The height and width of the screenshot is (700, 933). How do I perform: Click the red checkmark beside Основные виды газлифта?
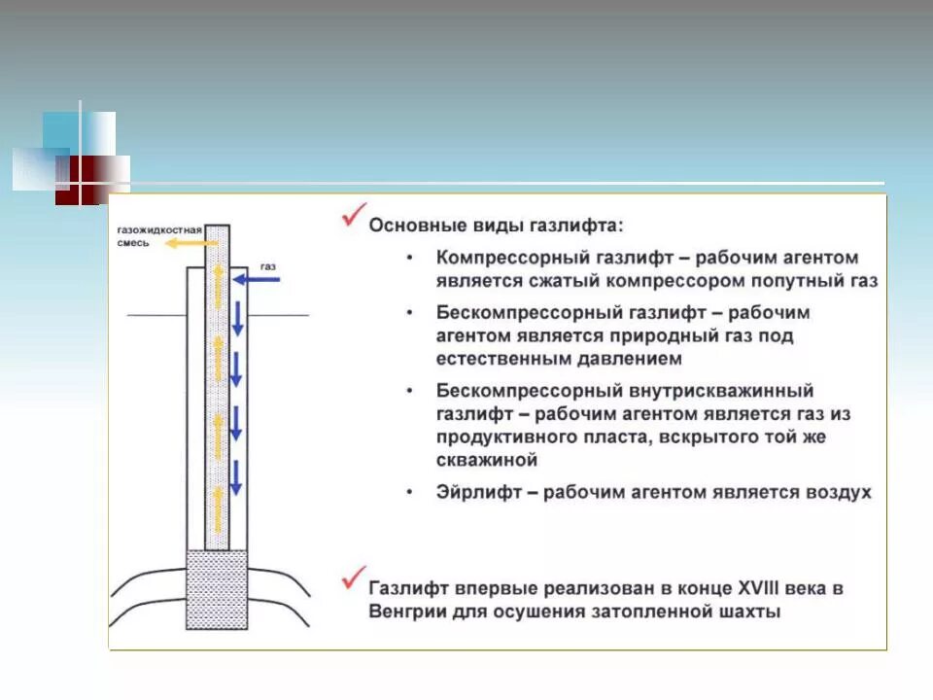[353, 216]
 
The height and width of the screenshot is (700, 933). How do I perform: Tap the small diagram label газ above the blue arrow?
[268, 265]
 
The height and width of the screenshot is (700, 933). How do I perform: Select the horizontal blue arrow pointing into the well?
[258, 280]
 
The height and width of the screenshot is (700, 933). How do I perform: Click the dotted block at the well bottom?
[217, 589]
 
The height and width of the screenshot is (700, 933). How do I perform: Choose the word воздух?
[838, 493]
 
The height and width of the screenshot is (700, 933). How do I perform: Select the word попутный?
[795, 281]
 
